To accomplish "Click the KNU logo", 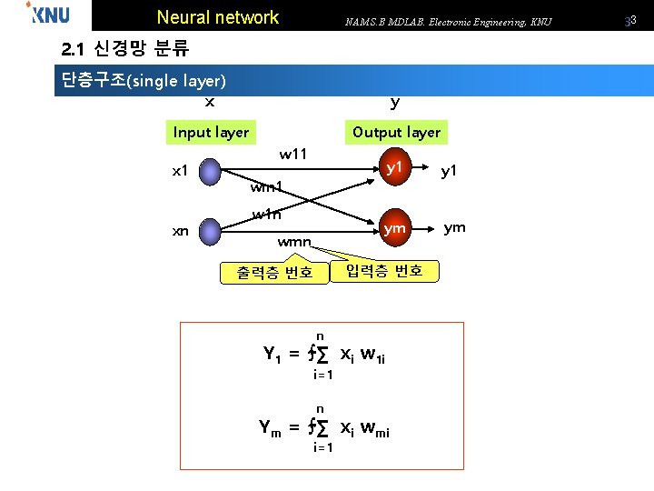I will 48,14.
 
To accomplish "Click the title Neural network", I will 218,17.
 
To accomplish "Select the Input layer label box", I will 211,132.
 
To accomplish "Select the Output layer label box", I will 397,132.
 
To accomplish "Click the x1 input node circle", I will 211,171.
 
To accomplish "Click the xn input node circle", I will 211,230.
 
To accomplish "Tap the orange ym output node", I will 394,229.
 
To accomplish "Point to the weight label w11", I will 293,154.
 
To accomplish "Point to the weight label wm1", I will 267,187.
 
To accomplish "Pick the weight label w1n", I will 267,215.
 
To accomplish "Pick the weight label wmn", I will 294,243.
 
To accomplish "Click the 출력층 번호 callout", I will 274,272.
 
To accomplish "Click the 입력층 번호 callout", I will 384,270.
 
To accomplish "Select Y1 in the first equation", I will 272,355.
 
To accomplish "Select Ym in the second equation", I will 272,427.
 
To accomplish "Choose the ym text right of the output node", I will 454,227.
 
